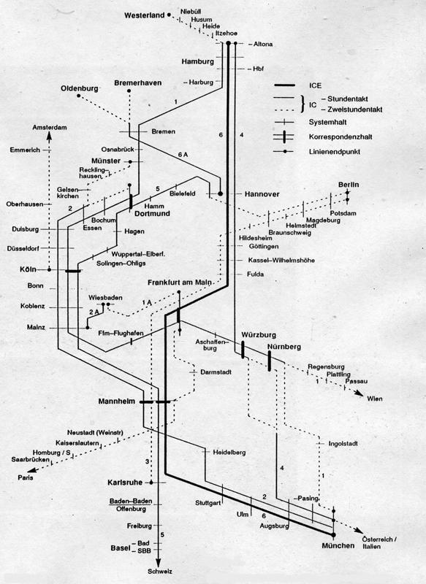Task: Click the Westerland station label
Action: coord(144,15)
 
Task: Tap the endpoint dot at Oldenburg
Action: coord(79,96)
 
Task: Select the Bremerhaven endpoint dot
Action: coord(129,91)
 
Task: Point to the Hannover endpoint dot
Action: coord(220,193)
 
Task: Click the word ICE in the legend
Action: coord(315,85)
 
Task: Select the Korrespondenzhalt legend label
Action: coord(341,137)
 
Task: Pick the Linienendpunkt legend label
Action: coord(335,152)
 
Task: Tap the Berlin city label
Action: coord(349,185)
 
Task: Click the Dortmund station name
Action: coord(152,214)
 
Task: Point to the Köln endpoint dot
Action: coord(49,269)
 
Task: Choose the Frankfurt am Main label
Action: coord(179,283)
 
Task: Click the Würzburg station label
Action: coord(259,335)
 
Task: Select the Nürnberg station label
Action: coord(284,347)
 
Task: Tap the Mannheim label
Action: coord(117,401)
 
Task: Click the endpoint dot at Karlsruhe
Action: coord(151,483)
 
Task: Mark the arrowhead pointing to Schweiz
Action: coord(159,562)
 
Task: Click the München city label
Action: coord(338,545)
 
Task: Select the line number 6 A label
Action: coord(183,155)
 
